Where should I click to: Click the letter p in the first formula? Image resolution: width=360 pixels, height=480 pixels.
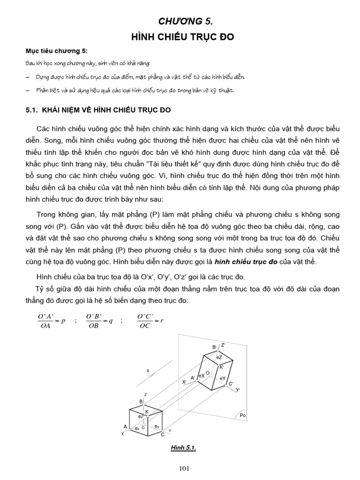point(63,321)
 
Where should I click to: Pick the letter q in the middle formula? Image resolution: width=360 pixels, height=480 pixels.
point(111,321)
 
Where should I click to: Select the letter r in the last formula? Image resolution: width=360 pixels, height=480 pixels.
point(161,321)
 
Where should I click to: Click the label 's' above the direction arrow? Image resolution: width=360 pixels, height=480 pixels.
point(148,370)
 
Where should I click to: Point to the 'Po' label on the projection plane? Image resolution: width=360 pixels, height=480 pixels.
point(242,415)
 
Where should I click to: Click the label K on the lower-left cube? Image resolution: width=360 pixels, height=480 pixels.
point(147,412)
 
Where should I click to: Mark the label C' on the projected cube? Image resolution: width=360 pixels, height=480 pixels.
point(230,384)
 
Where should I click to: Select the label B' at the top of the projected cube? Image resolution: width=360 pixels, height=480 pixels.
point(214,347)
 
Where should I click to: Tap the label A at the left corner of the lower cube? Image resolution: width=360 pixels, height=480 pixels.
point(125,427)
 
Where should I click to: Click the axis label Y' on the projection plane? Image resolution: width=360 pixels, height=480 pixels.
point(238,390)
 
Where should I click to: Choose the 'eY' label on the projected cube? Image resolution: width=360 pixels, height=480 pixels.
point(222,378)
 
